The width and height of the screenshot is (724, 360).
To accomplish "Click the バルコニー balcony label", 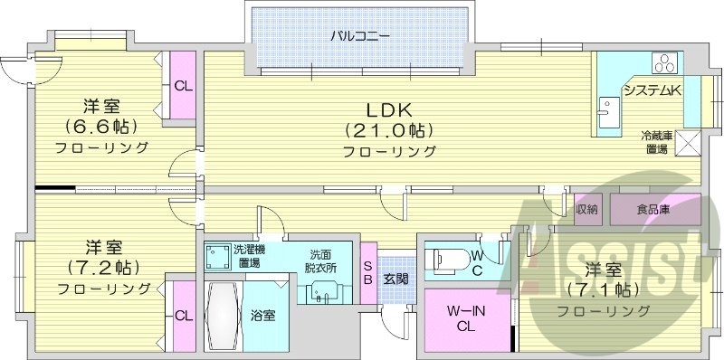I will point(359,37).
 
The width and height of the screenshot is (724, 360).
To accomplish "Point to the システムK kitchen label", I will point(651,90).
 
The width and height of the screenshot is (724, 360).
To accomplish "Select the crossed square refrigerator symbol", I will point(688,142).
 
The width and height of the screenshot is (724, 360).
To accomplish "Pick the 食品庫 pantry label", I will point(653,210).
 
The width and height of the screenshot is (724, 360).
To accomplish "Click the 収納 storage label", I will point(586,210).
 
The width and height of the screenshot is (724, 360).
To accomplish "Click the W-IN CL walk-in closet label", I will point(467,317).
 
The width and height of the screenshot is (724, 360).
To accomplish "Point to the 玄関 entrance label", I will point(395,278).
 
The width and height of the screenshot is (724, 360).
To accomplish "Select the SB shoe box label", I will point(367,272).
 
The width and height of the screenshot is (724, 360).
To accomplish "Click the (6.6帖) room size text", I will point(101,127).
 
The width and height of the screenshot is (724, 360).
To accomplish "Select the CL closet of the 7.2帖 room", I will point(183,316).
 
